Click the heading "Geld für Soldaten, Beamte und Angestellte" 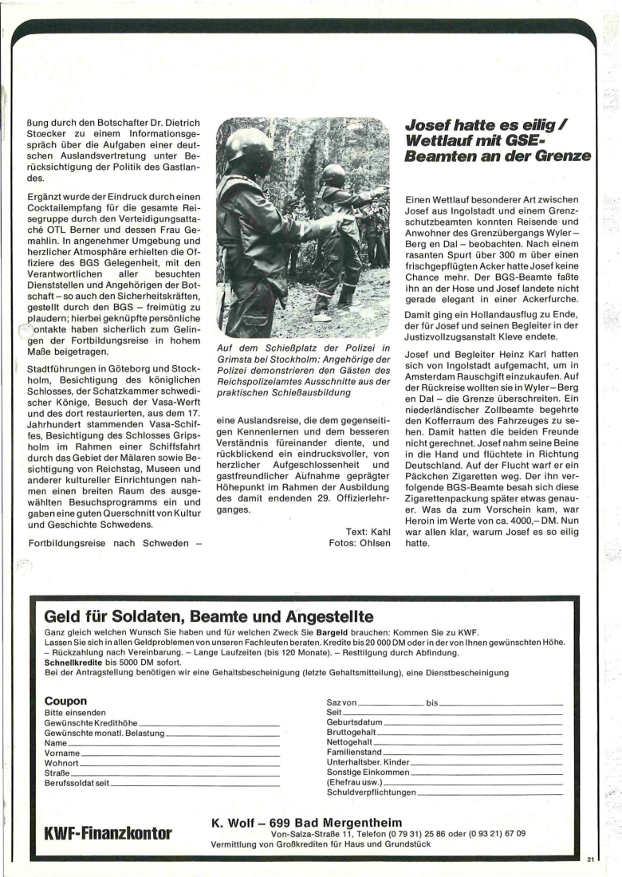tap(209, 615)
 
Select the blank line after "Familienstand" tap(474, 753)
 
